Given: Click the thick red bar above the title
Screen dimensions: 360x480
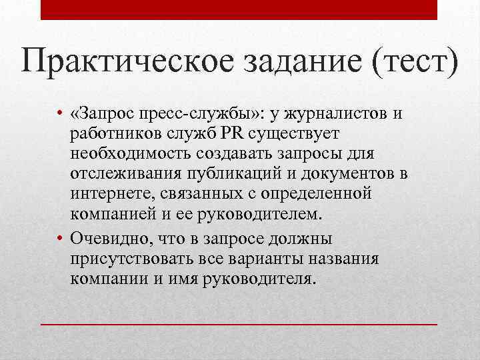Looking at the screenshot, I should [x=239, y=10].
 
